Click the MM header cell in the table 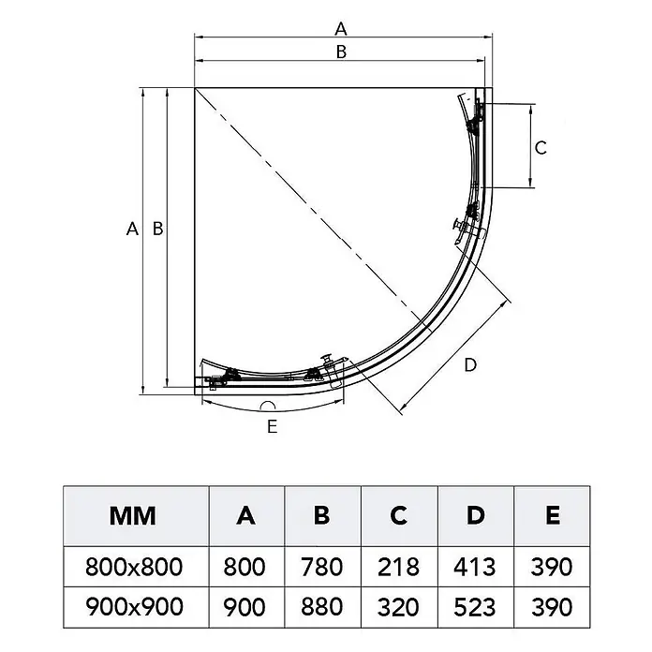point(133,515)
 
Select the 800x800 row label point(134,567)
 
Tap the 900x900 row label point(134,607)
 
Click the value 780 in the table point(322,567)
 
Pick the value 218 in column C point(398,567)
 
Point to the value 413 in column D point(474,567)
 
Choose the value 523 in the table point(474,607)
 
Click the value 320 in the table point(398,607)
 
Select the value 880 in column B point(322,607)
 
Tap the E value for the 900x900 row point(552,607)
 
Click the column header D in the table point(476,515)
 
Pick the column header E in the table point(553,515)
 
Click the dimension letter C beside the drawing point(541,148)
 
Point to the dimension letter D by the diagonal point(470,365)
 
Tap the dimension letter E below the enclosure point(273,426)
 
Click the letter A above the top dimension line point(341,29)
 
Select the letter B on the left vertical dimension point(158,229)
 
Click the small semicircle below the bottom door point(268,406)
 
